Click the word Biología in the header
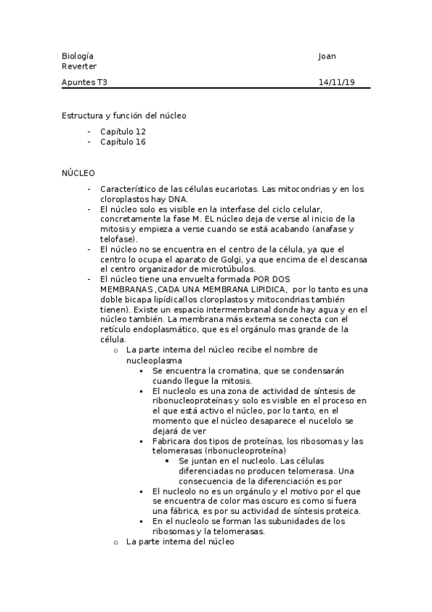(x=77, y=56)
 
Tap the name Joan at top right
(x=327, y=56)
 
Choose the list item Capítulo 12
(x=123, y=132)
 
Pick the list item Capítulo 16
(x=123, y=142)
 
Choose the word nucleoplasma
(x=154, y=359)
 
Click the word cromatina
(x=221, y=370)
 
